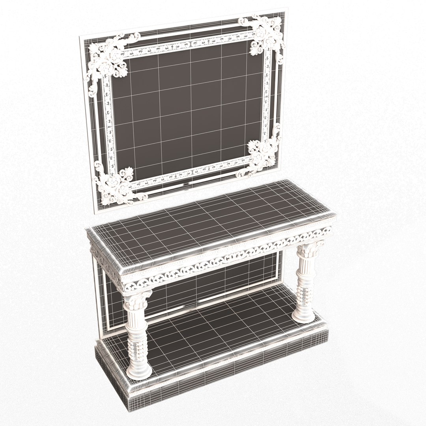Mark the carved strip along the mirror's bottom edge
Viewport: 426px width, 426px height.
click(189, 174)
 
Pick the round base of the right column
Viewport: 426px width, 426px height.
click(303, 316)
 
